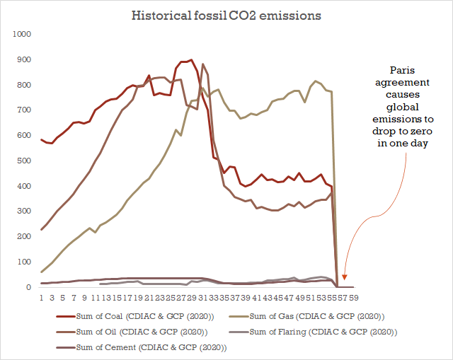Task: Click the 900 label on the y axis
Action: click(x=24, y=59)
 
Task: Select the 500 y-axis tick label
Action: click(x=24, y=161)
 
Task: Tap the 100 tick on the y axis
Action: click(x=24, y=262)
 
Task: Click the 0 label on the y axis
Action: click(x=30, y=287)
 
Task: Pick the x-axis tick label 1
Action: click(x=42, y=298)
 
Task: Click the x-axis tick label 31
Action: click(x=203, y=298)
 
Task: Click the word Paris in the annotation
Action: click(x=404, y=70)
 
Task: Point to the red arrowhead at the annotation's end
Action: click(x=345, y=278)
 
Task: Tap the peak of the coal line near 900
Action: click(x=191, y=60)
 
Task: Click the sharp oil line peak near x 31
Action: click(x=203, y=64)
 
